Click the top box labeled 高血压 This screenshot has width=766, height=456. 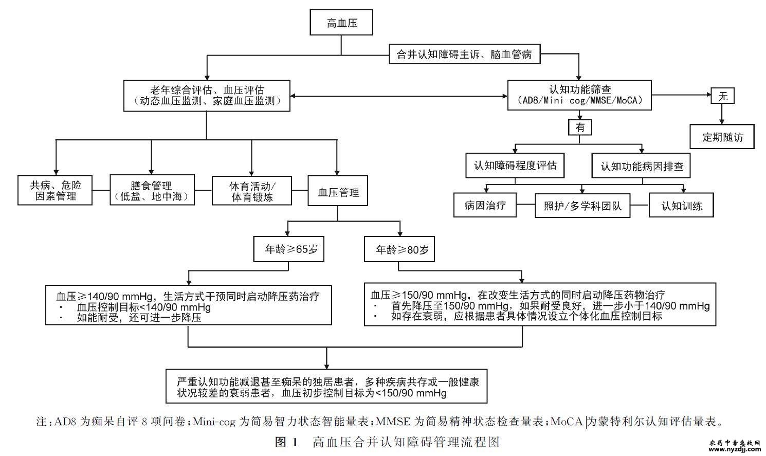click(341, 23)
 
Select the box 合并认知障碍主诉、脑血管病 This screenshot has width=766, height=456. click(464, 54)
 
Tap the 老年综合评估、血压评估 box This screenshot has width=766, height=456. click(207, 96)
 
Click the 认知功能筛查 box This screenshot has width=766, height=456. click(579, 95)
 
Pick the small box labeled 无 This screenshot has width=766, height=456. click(723, 96)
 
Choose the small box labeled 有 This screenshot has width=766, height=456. click(580, 127)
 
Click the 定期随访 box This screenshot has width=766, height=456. click(722, 137)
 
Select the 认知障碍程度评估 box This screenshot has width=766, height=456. click(515, 166)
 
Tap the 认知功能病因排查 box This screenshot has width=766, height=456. click(642, 167)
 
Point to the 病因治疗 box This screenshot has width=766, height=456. click(485, 206)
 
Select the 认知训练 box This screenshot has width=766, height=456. click(681, 206)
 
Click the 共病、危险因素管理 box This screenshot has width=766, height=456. click(55, 191)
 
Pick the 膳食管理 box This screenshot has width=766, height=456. click(152, 191)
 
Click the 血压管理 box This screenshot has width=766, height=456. click(338, 192)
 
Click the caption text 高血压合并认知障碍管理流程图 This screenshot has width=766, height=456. click(406, 442)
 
